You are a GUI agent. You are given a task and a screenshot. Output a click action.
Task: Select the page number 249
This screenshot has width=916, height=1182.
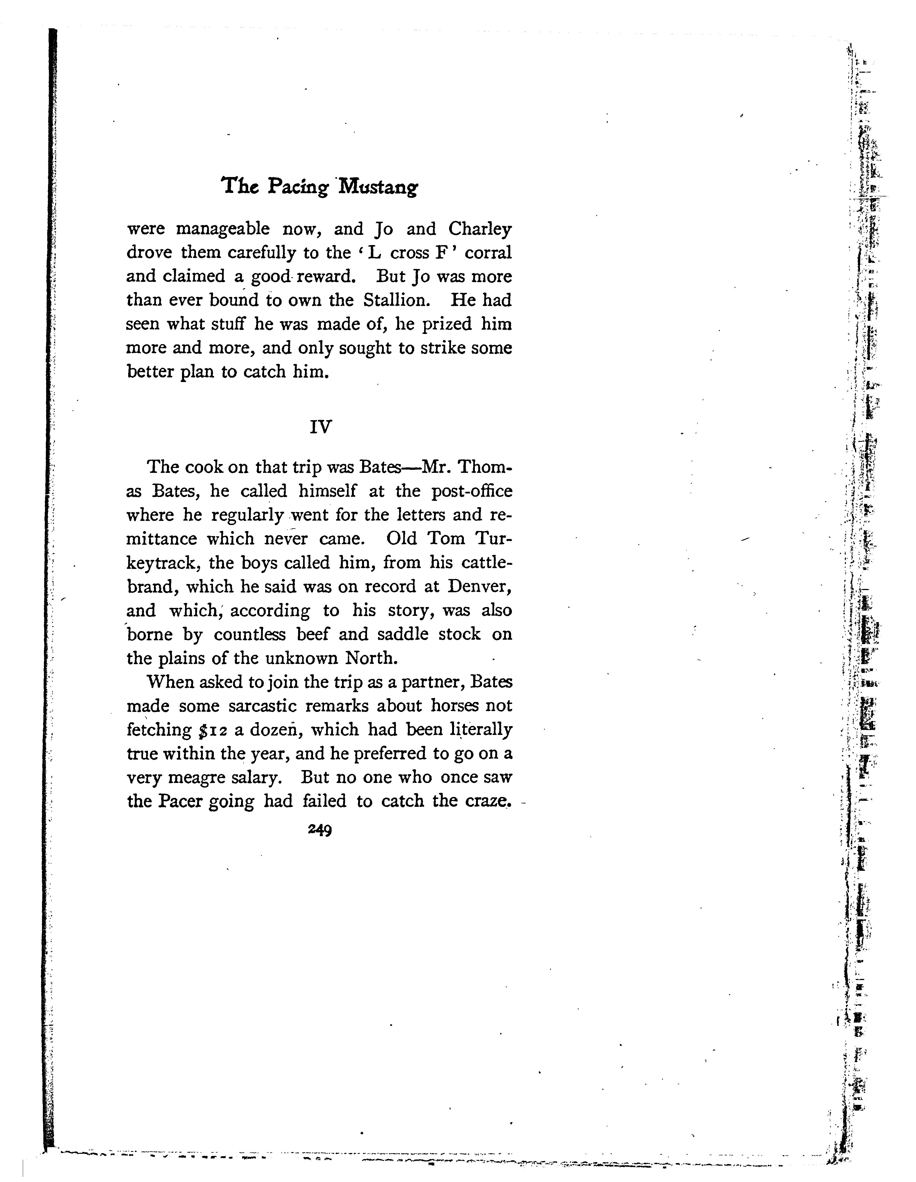click(x=320, y=830)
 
